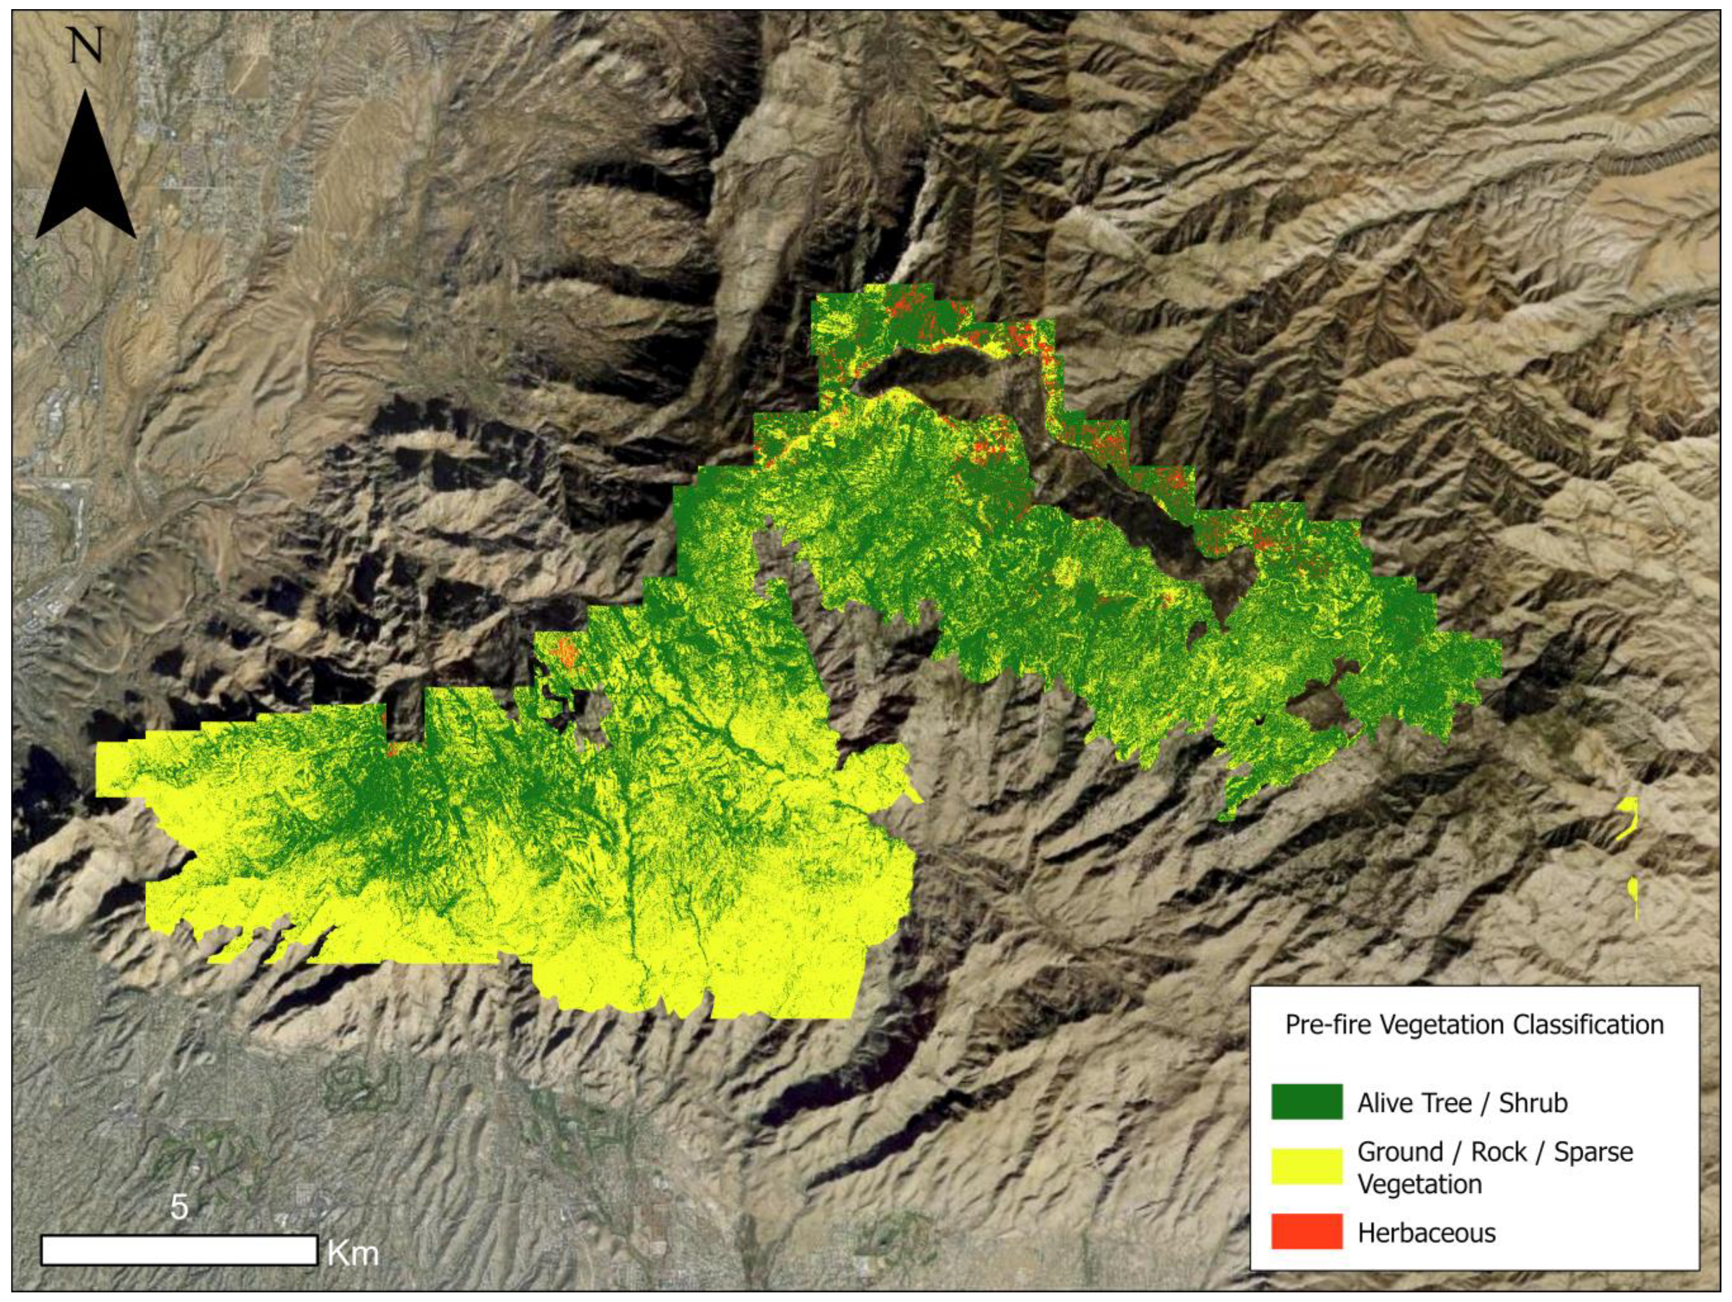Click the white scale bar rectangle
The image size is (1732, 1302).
[x=179, y=1251]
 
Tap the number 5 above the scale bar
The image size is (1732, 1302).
[x=179, y=1207]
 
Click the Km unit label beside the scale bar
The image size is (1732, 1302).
[x=353, y=1253]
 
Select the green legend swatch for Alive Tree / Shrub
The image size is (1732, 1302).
[x=1306, y=1101]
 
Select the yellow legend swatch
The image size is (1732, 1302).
[x=1306, y=1167]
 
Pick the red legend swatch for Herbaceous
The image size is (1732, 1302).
[x=1306, y=1232]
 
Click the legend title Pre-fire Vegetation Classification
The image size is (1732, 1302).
[x=1474, y=1024]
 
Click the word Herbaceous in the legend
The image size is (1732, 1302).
[x=1426, y=1233]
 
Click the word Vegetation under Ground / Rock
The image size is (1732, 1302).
[x=1419, y=1184]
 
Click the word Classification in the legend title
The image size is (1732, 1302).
[x=1588, y=1024]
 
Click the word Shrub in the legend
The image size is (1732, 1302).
[x=1532, y=1102]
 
